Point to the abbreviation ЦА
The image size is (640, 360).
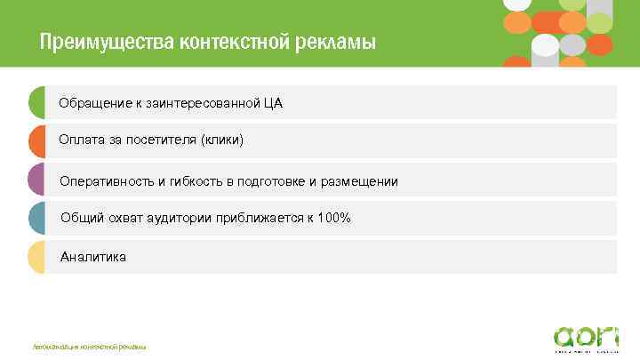[x=273, y=103]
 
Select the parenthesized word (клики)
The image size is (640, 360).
[x=221, y=140]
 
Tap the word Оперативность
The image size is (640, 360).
[x=108, y=181]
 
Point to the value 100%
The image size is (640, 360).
[x=335, y=218]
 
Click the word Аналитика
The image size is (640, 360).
[x=93, y=257]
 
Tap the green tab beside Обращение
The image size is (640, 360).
[x=36, y=102]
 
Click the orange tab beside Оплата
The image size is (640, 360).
[x=36, y=140]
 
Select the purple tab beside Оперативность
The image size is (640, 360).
[x=36, y=180]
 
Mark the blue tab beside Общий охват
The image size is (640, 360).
[x=36, y=218]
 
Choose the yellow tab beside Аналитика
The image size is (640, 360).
[x=36, y=257]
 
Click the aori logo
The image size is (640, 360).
[x=584, y=338]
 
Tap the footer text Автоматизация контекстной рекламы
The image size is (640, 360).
[x=89, y=346]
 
